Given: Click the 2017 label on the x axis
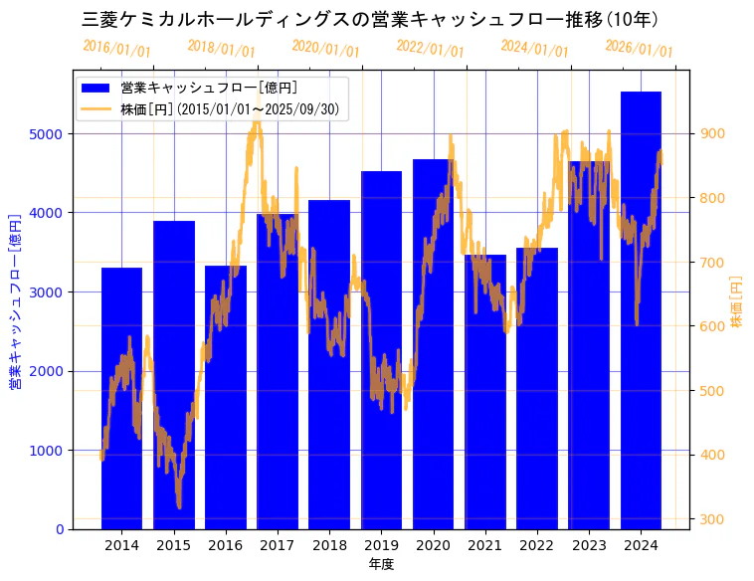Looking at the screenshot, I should (x=278, y=545).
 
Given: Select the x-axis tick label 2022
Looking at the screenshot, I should (x=537, y=545).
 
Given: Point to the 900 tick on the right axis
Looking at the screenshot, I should (x=714, y=133).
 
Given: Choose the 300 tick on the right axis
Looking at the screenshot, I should (x=714, y=519).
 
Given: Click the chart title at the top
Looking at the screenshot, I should (x=369, y=19).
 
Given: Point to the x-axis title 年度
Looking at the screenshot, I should (x=381, y=564).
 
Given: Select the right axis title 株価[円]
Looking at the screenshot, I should (x=737, y=302).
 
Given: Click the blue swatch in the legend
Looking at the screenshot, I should (x=97, y=89).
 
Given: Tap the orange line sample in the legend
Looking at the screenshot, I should (x=97, y=108).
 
